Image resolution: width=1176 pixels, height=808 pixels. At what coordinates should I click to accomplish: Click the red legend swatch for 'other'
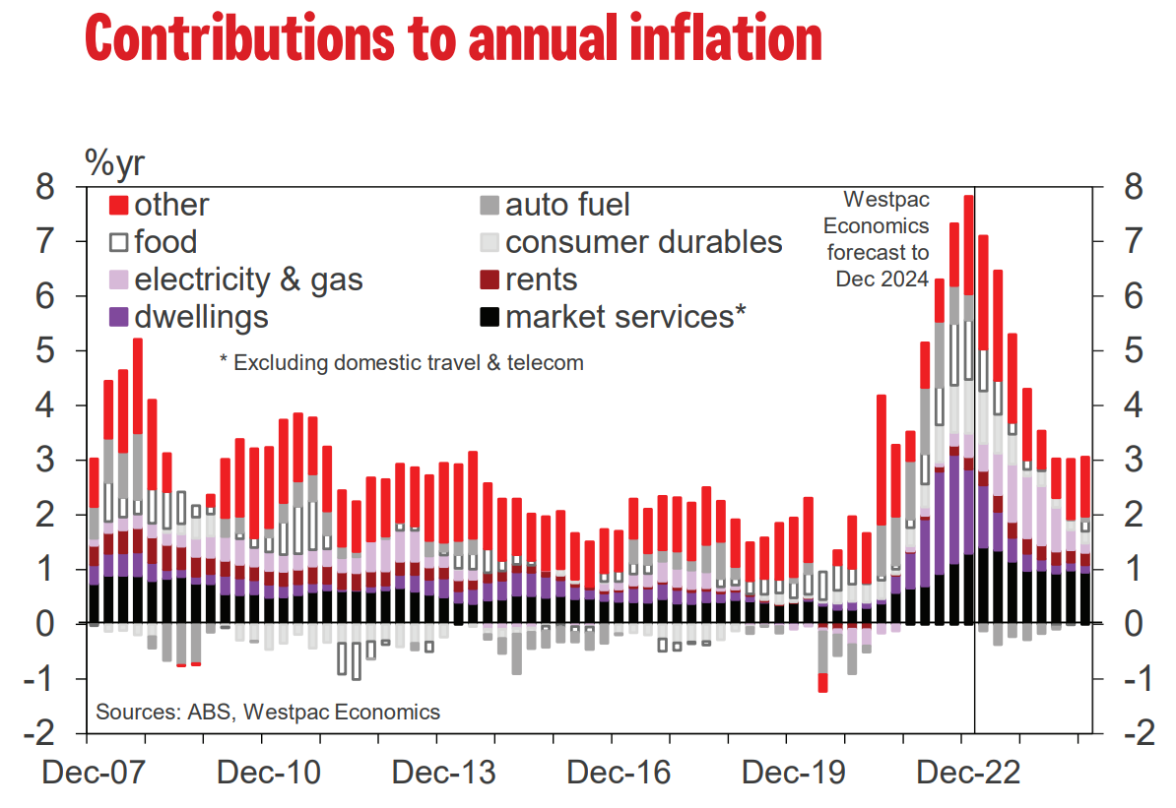click(x=119, y=205)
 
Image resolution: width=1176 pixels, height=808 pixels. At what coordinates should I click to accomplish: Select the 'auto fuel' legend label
click(x=567, y=205)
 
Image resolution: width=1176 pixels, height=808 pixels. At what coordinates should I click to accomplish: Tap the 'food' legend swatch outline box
click(x=119, y=242)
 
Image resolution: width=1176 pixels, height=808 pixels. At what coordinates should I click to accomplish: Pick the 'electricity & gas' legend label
click(x=248, y=280)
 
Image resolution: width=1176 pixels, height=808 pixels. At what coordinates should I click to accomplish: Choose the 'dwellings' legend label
click(x=201, y=317)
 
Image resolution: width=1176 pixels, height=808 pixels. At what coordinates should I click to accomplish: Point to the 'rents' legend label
click(x=541, y=280)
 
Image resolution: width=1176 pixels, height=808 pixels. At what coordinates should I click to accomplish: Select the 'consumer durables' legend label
click(x=643, y=242)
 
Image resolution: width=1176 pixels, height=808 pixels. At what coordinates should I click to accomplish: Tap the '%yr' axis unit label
click(x=115, y=163)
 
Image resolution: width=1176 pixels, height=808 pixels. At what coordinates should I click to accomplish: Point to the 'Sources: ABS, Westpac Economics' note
click(x=268, y=711)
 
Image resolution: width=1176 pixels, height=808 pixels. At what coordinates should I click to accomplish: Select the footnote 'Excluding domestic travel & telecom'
click(x=401, y=362)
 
